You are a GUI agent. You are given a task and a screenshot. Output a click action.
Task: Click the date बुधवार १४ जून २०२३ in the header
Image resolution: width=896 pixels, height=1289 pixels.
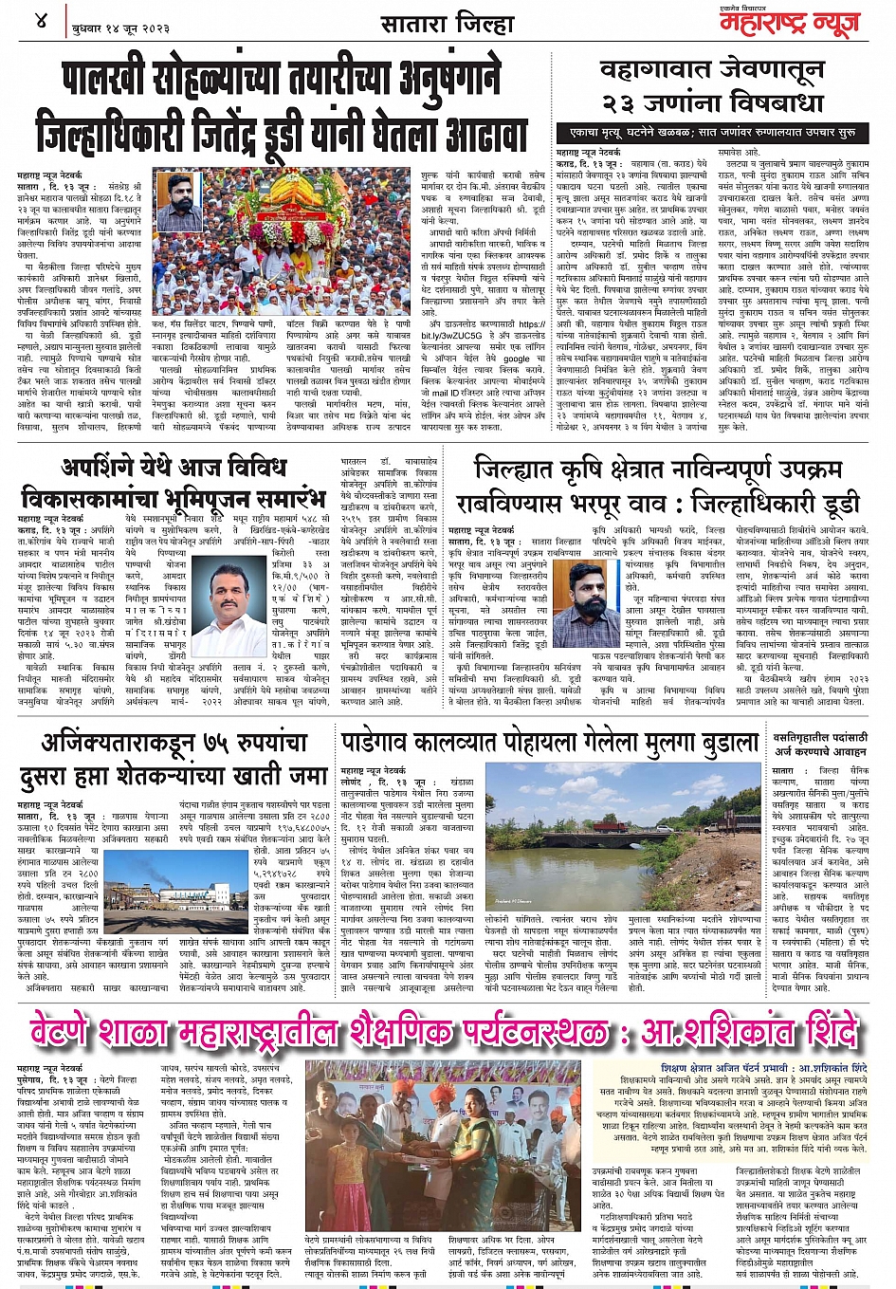pos(121,28)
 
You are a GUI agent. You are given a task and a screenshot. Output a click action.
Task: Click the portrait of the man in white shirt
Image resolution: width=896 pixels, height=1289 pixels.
pos(228,604)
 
